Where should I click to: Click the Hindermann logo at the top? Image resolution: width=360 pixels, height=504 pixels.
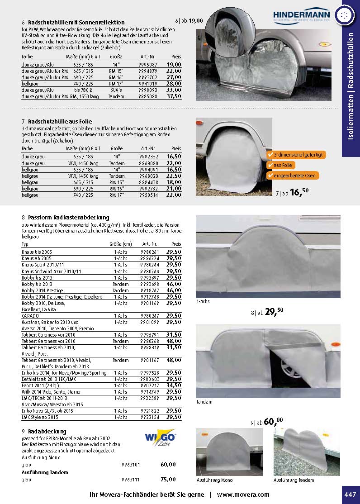pyautogui.click(x=302, y=15)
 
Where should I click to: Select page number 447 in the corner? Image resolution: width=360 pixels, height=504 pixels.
pyautogui.click(x=350, y=494)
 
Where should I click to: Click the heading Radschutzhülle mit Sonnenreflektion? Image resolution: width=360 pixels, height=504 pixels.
pyautogui.click(x=76, y=22)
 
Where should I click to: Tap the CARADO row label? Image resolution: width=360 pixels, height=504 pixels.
pyautogui.click(x=30, y=316)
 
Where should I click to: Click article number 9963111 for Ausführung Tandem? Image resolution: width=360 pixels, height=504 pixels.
pyautogui.click(x=131, y=480)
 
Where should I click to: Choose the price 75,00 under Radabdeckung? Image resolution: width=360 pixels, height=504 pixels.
pyautogui.click(x=168, y=480)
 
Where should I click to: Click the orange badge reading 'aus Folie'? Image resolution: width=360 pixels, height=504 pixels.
pyautogui.click(x=284, y=165)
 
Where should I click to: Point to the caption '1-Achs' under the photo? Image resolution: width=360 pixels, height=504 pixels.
pyautogui.click(x=203, y=301)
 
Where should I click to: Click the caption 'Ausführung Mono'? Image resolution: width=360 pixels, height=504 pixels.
pyautogui.click(x=215, y=480)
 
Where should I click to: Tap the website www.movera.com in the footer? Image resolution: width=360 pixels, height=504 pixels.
pyautogui.click(x=243, y=494)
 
